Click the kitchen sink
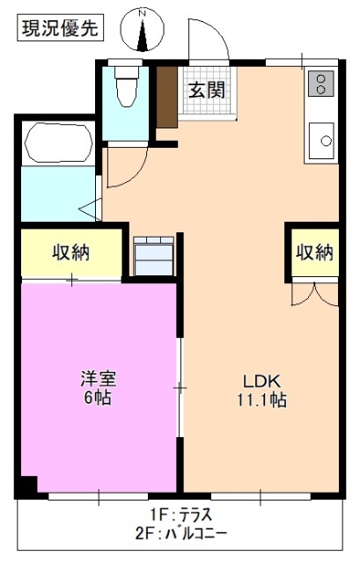point(322,138)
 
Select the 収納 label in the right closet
point(314,252)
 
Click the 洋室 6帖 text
point(99,388)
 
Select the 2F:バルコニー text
point(179,533)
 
